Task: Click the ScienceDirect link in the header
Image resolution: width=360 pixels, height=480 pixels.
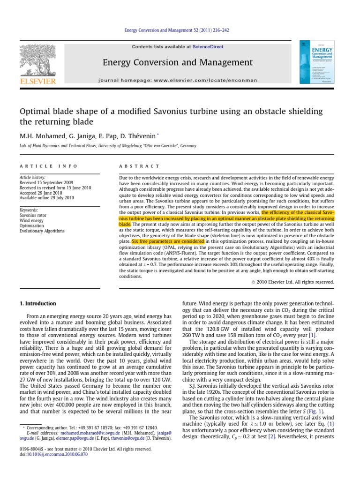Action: click(x=204, y=47)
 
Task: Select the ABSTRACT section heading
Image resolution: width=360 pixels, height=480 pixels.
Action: click(x=140, y=166)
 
